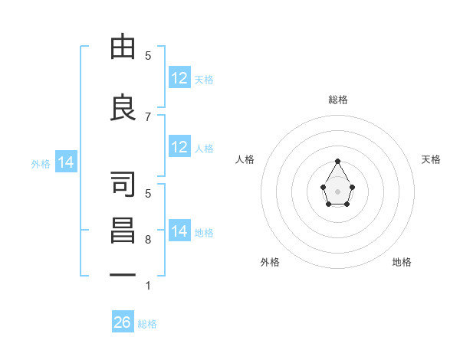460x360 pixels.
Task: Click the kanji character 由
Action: pos(123,47)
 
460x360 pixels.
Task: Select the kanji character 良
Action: pos(123,107)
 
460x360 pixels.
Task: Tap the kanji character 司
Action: pos(123,183)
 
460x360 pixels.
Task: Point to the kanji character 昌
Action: pos(123,230)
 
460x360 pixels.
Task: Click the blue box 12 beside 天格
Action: pos(179,78)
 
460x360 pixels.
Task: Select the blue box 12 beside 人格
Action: pos(179,147)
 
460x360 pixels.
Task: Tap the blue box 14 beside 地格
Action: pos(179,231)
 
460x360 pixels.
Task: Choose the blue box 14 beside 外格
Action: pos(66,162)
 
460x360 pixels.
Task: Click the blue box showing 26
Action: pos(123,322)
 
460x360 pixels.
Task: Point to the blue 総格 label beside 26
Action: pos(147,324)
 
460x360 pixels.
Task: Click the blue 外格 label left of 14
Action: pos(41,163)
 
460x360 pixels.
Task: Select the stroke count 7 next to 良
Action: pos(148,116)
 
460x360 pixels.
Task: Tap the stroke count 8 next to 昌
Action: pos(148,240)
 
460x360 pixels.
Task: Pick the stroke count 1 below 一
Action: pos(148,286)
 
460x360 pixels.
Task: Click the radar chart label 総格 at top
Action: pos(337,100)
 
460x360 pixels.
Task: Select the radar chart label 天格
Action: pos(432,159)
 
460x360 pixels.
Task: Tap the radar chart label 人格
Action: pos(245,159)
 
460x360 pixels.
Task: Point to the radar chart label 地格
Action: pos(402,262)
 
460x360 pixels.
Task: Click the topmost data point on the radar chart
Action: pos(337,161)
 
